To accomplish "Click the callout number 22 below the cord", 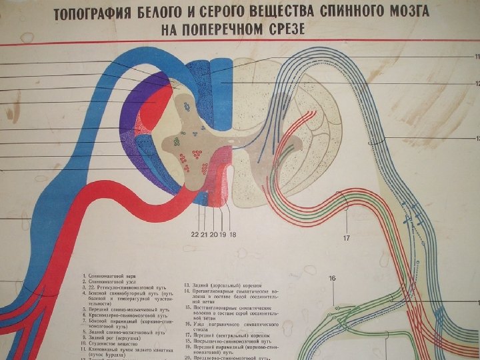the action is tap(195, 233).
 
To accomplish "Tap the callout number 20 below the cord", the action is tap(213, 233).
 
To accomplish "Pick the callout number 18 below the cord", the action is tap(233, 233).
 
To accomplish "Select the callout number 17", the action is tap(347, 238).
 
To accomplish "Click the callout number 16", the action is tap(331, 278).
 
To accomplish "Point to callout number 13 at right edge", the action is tap(476, 139).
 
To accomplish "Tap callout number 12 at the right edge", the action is tap(476, 83).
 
